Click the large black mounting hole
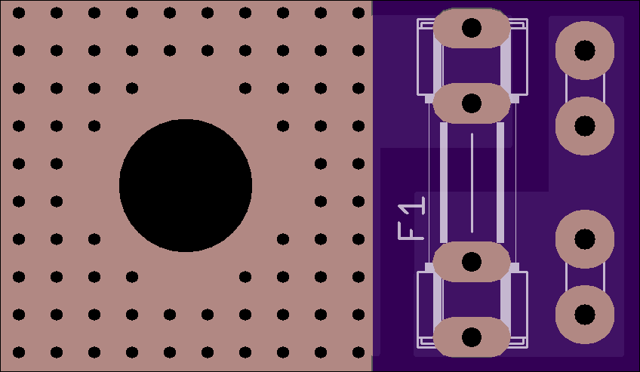click(x=186, y=186)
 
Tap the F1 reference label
click(x=411, y=218)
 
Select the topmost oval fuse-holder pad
click(x=472, y=28)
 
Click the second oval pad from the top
click(x=472, y=103)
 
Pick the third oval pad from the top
click(x=472, y=262)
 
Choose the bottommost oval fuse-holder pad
click(x=472, y=337)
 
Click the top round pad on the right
click(x=584, y=50)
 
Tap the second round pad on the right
click(x=584, y=125)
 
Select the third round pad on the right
click(x=584, y=239)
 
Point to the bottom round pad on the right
click(x=584, y=315)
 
